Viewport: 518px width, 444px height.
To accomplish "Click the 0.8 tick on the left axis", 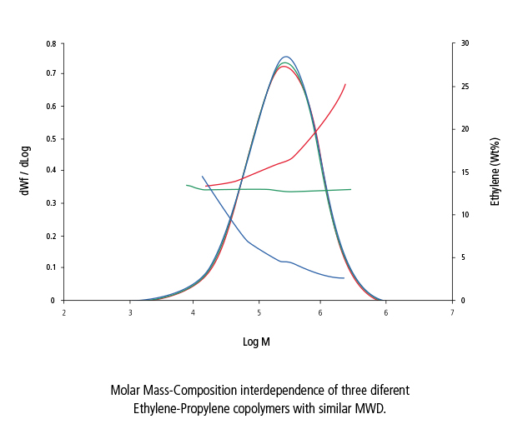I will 52,42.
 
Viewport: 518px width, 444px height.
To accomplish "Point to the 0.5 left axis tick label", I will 52,138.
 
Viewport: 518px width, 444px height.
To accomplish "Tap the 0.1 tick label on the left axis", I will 52,267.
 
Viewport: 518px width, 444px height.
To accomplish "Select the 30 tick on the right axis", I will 465,42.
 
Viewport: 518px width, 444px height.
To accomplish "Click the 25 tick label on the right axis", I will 465,86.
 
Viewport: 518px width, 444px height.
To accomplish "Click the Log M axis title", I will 256,342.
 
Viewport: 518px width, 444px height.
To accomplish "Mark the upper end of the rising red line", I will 345,84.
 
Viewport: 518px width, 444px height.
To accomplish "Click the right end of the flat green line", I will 350,189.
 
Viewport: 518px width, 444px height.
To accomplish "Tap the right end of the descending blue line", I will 344,278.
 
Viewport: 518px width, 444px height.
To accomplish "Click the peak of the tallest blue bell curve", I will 286,57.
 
